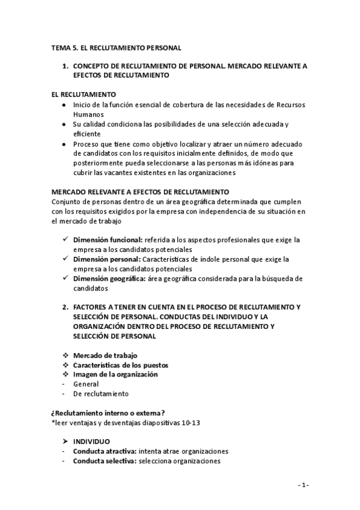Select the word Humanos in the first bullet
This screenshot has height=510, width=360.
[x=88, y=114]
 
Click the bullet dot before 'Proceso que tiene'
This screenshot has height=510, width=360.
[x=64, y=144]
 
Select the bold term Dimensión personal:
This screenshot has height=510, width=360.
[x=107, y=259]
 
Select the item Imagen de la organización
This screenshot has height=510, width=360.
[x=115, y=374]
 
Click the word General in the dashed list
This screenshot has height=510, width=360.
[x=86, y=384]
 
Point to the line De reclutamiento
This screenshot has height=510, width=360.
[x=100, y=394]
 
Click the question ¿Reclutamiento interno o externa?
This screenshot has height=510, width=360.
[x=109, y=413]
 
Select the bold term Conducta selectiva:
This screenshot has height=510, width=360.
[x=105, y=461]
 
